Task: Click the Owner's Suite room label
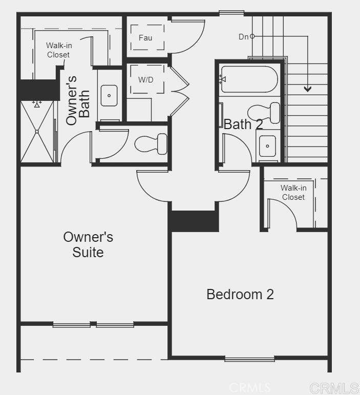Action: click(x=88, y=244)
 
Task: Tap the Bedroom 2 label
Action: click(x=240, y=294)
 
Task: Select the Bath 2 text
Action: click(x=243, y=124)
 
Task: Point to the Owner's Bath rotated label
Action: click(x=78, y=100)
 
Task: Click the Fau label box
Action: click(x=145, y=38)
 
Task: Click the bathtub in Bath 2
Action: click(x=249, y=79)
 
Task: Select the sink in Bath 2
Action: click(x=267, y=146)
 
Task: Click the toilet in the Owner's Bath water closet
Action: click(x=153, y=143)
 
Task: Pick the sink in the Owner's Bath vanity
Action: click(x=109, y=96)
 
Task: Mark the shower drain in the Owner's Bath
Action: click(x=37, y=132)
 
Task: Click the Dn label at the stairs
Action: click(x=243, y=37)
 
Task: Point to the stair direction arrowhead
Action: click(x=307, y=89)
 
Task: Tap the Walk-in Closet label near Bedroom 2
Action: click(x=293, y=193)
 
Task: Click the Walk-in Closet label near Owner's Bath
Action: click(x=58, y=50)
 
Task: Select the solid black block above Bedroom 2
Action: click(x=194, y=221)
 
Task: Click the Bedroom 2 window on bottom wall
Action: click(x=249, y=359)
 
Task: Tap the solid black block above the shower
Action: click(x=38, y=90)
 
